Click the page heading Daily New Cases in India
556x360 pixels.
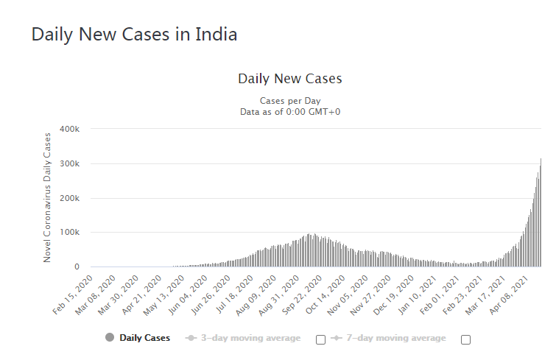click(134, 35)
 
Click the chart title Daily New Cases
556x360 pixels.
click(289, 78)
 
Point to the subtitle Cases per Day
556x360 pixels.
click(289, 100)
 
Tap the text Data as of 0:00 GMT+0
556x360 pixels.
click(289, 112)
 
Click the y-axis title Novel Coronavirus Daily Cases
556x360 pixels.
click(48, 197)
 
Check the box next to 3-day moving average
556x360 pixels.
click(320, 339)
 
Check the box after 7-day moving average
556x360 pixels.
click(465, 339)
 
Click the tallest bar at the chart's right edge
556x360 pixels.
click(541, 213)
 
